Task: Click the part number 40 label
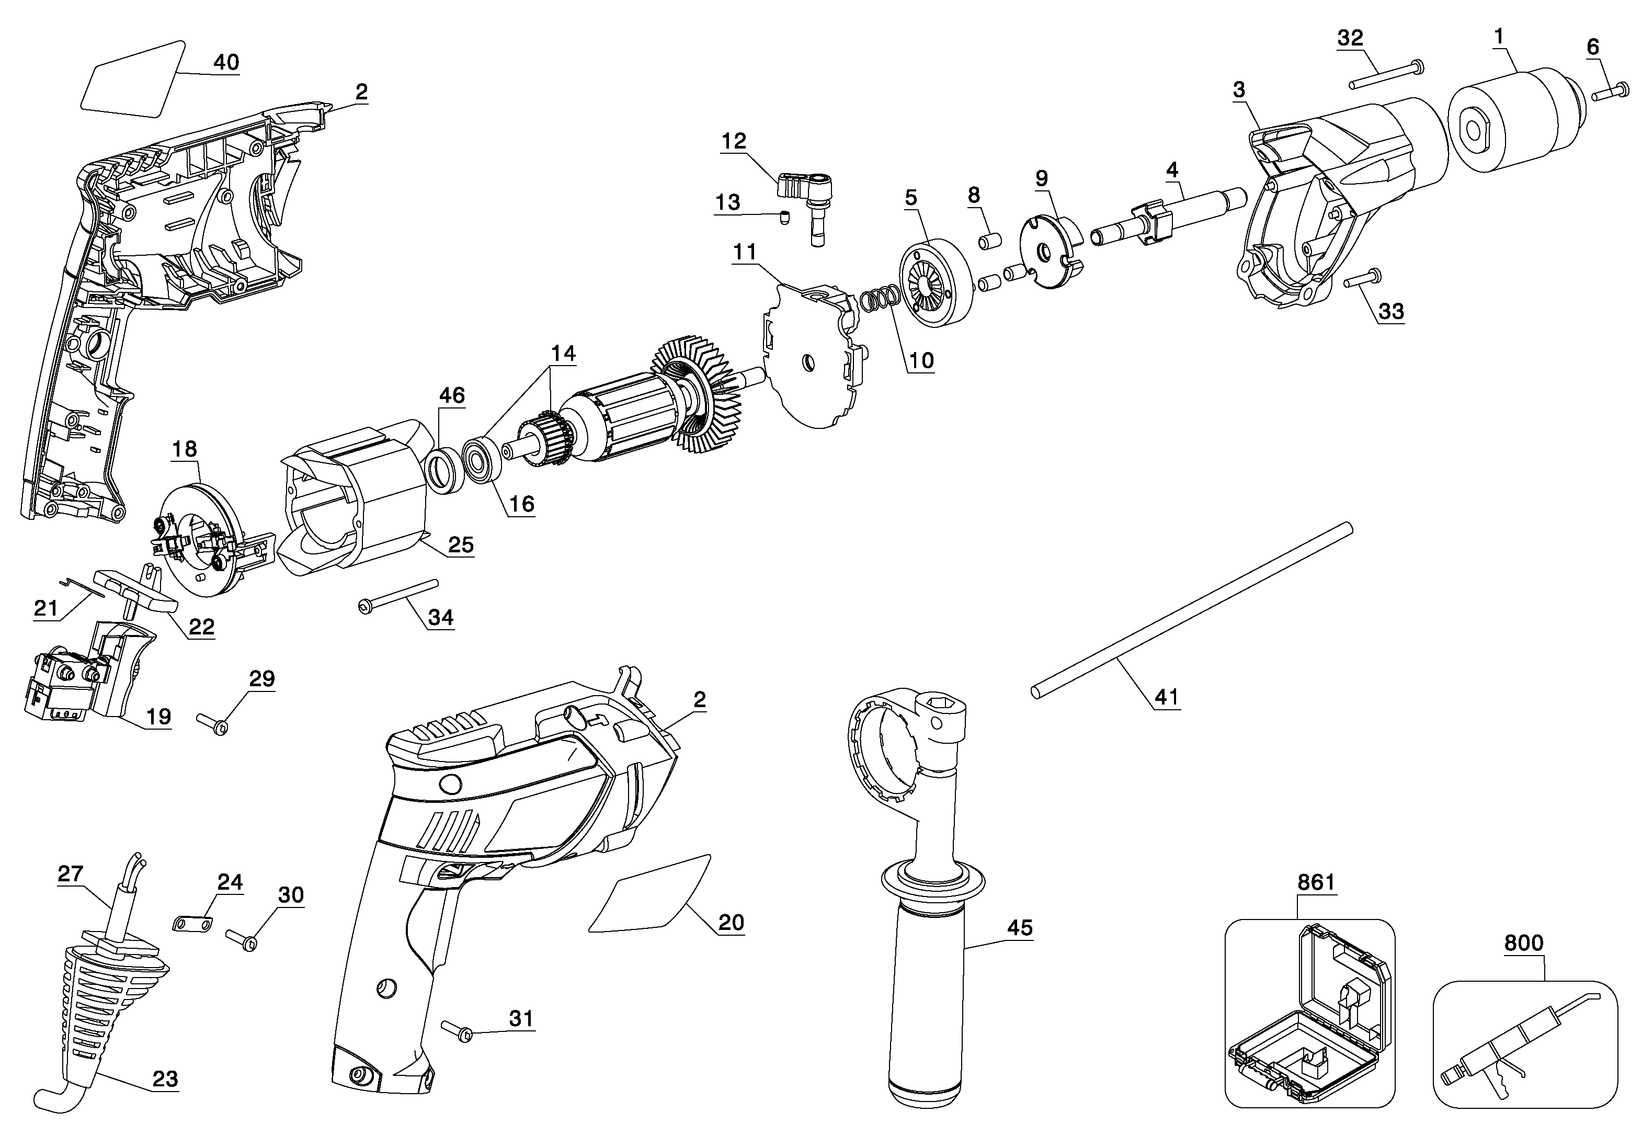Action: click(x=226, y=62)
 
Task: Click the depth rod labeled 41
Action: click(x=1192, y=610)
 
